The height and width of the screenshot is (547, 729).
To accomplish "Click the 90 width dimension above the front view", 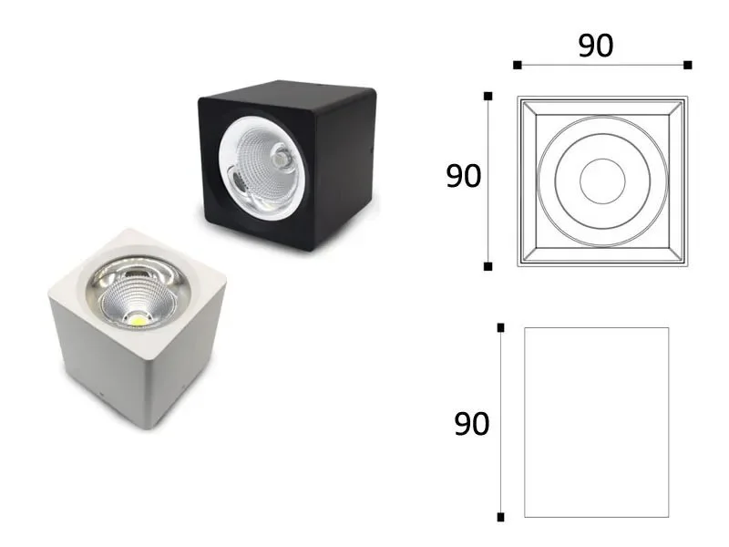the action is [596, 46].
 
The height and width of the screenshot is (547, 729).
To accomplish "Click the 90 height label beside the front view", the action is [463, 176].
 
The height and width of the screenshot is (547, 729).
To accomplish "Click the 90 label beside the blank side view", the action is [471, 424].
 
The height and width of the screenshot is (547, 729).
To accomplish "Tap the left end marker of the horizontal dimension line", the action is [517, 65].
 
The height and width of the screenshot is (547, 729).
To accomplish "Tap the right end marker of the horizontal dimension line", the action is [688, 65].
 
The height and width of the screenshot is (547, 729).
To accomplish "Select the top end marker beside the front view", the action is [488, 97].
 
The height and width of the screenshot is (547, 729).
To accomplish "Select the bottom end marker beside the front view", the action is [488, 266].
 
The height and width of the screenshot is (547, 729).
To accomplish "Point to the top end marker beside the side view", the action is [500, 328].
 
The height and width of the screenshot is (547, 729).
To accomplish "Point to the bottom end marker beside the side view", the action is [500, 517].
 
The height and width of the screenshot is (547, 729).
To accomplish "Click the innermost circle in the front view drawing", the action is [602, 159].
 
